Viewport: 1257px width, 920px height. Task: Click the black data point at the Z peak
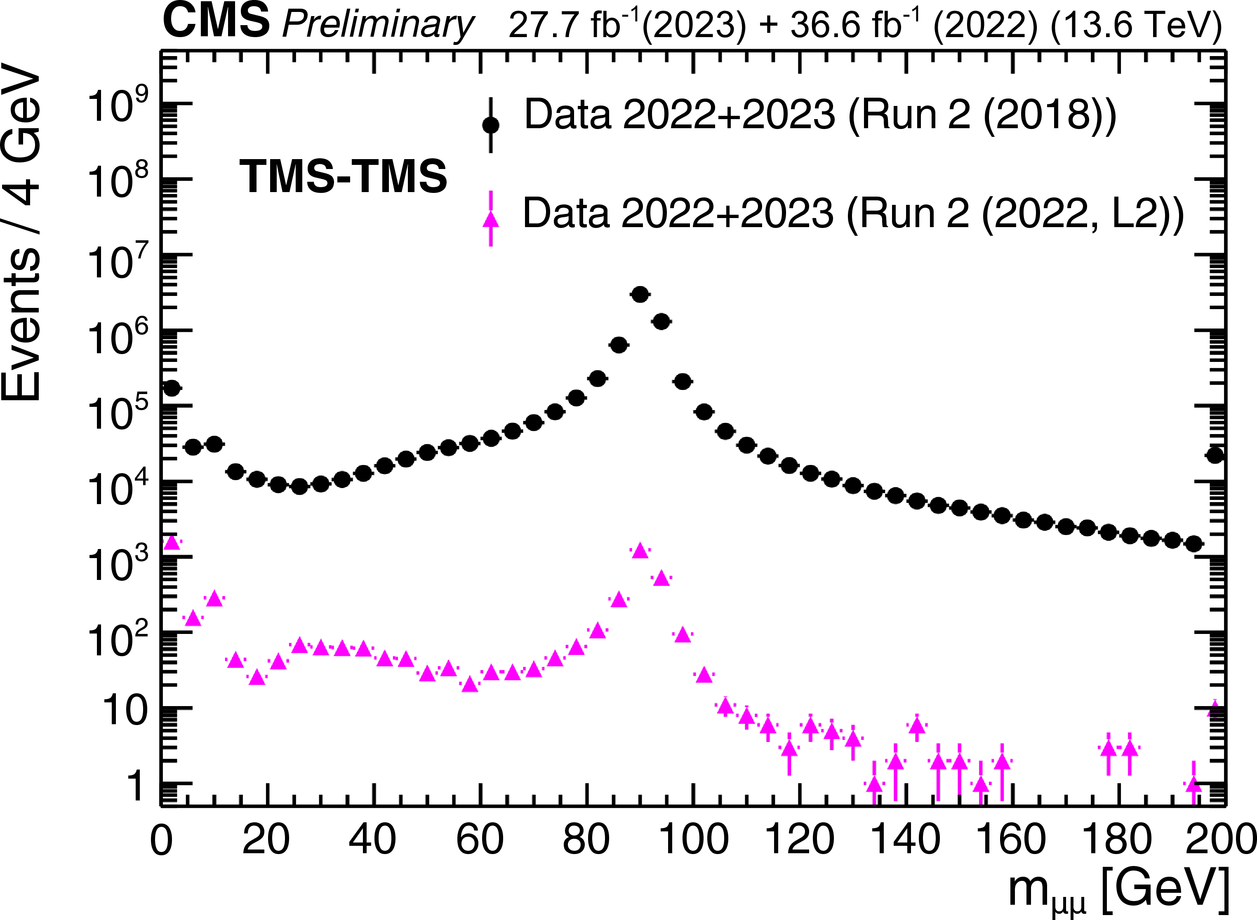(640, 295)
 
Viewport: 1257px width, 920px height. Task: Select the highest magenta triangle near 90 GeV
(640, 551)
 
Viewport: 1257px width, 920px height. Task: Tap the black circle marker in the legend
(490, 125)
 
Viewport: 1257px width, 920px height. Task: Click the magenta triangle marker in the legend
(490, 220)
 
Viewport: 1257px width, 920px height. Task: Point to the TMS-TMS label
(343, 176)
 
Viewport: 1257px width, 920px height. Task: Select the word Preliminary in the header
(378, 25)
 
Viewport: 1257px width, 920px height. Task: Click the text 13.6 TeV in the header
(1137, 25)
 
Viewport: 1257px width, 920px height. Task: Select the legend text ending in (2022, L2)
(852, 213)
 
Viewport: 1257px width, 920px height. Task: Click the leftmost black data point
(172, 388)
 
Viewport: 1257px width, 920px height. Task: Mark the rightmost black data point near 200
(1215, 455)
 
